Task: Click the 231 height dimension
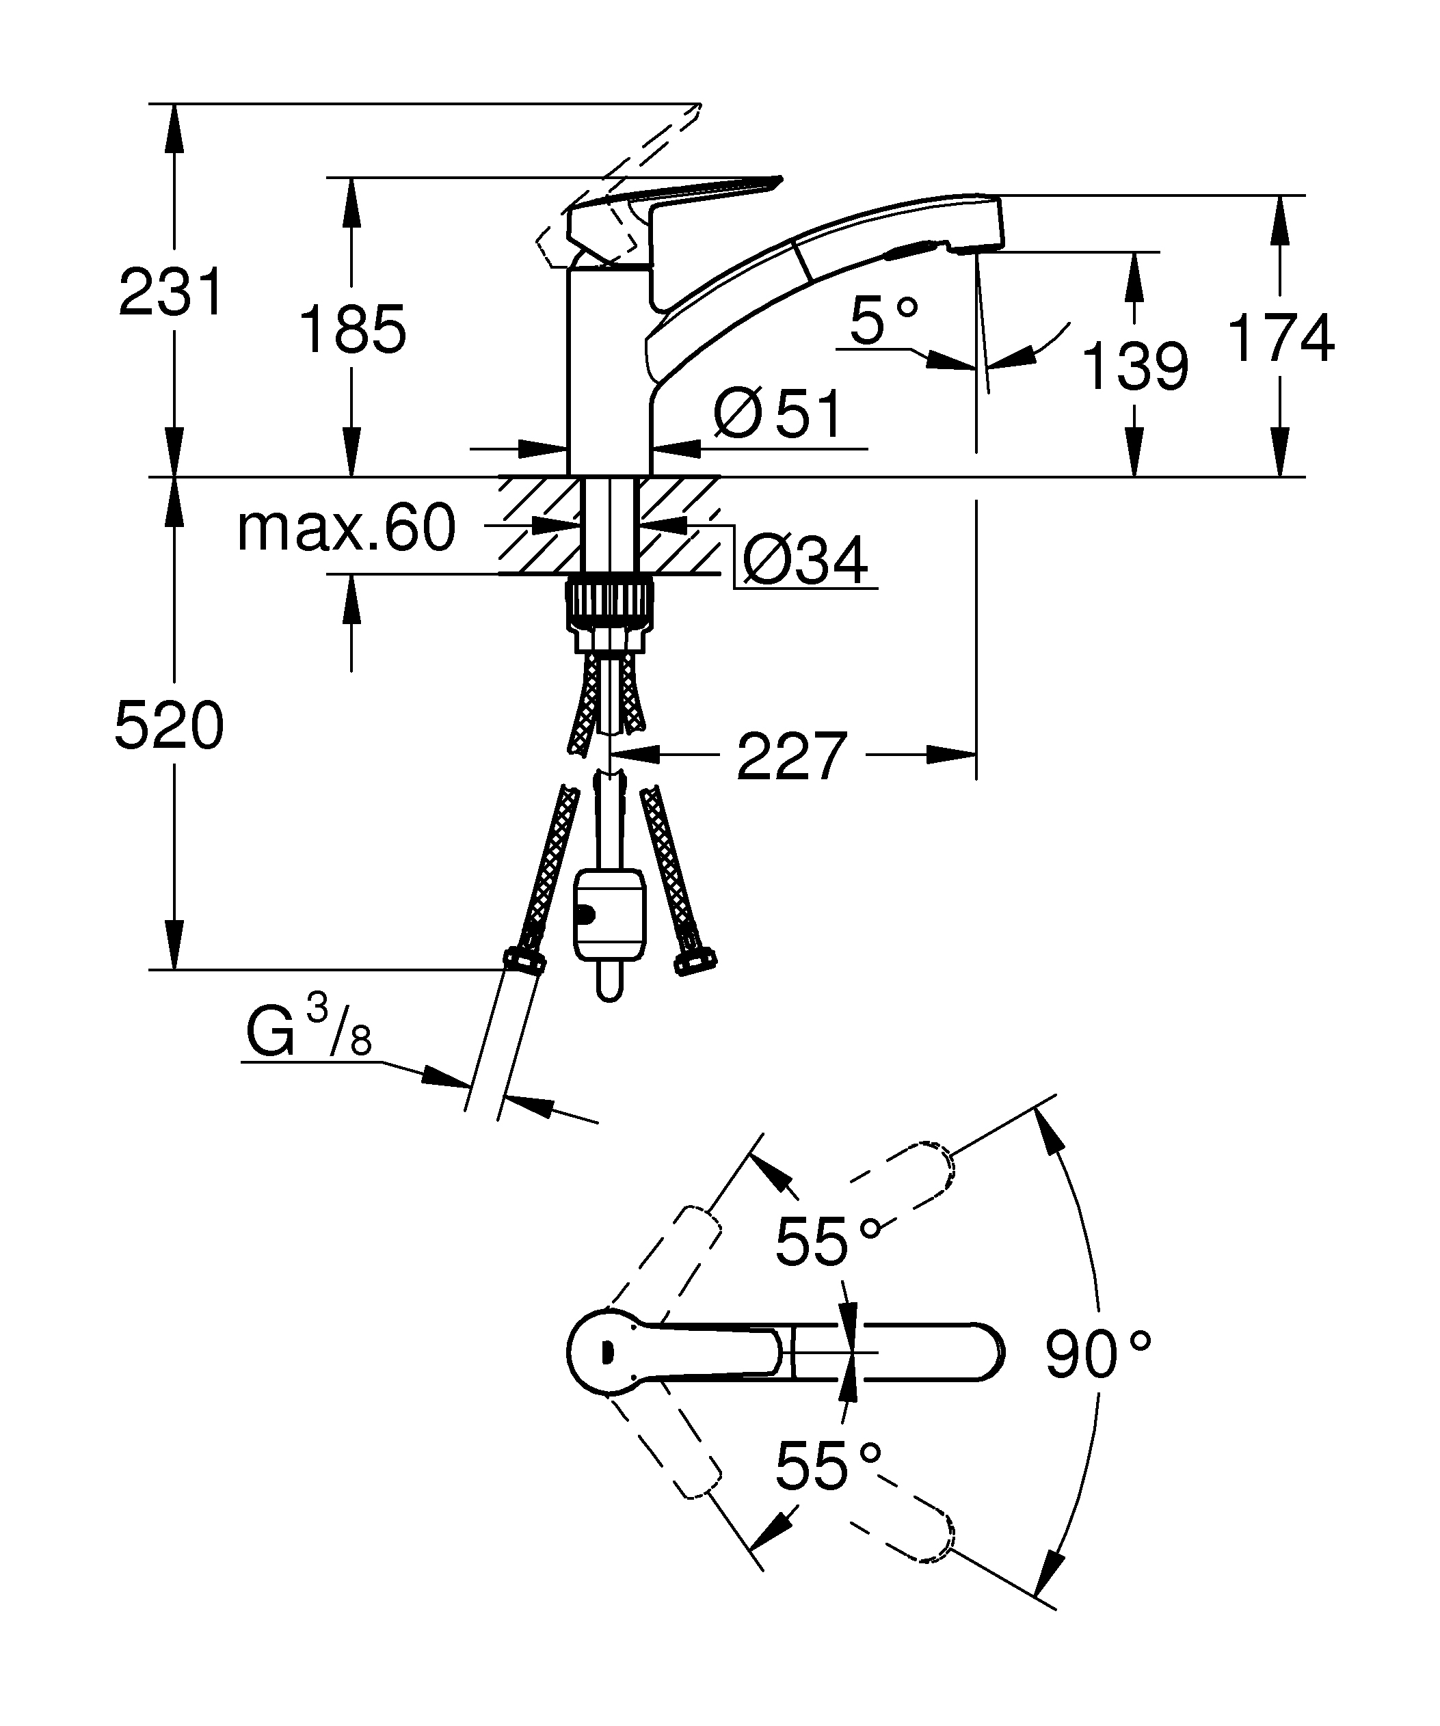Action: [170, 292]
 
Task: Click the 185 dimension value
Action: [351, 329]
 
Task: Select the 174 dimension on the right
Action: [1280, 338]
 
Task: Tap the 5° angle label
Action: [883, 320]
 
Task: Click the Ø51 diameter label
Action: [777, 414]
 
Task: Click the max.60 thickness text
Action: [345, 528]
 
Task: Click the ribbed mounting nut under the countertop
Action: [609, 605]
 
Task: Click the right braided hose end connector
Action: [695, 962]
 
